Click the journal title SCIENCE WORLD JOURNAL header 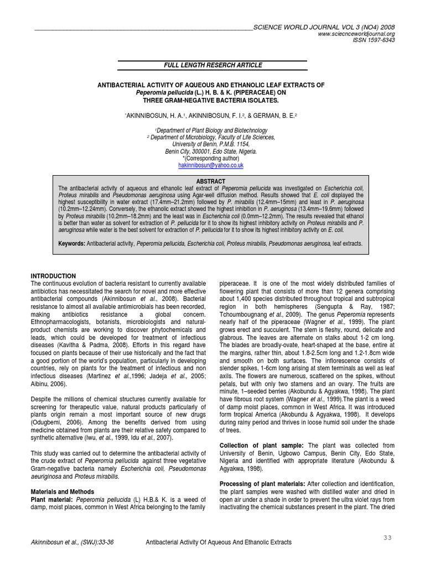324,27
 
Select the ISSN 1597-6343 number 375,40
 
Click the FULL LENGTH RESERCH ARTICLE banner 212,65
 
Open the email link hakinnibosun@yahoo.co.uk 210,165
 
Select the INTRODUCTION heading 53,276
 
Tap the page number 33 387,537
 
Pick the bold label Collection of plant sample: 262,445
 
